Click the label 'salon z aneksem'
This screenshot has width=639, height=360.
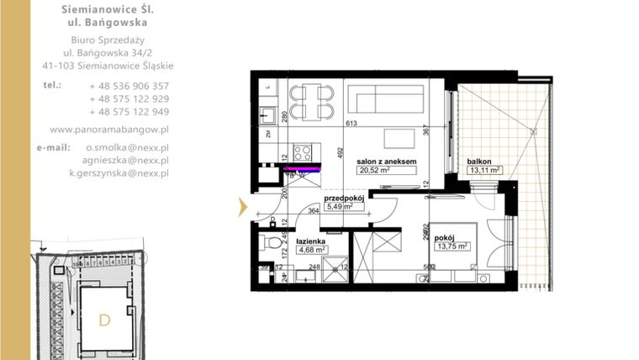387,161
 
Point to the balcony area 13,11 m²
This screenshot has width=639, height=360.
483,170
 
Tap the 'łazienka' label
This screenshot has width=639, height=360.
309,240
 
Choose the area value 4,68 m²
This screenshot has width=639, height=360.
310,249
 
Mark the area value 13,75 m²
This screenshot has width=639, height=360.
451,246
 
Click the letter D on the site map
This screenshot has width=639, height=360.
105,320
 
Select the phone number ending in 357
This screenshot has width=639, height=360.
129,86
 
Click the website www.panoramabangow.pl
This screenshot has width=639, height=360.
109,130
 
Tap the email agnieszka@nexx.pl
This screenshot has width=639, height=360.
126,159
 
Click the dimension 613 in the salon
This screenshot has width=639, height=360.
351,124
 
